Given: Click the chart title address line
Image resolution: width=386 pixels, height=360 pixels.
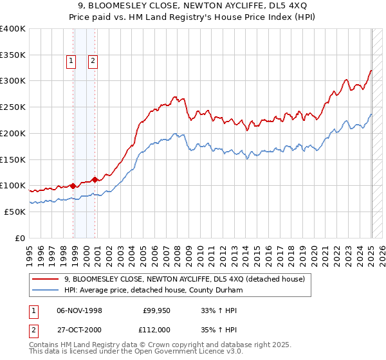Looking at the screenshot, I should coord(192,6).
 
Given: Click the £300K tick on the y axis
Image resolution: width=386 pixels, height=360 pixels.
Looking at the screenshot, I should coord(13,81).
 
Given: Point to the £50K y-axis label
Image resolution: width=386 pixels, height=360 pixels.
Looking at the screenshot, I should coord(15,212).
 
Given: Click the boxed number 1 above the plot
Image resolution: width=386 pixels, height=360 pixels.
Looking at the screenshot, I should coord(71,62).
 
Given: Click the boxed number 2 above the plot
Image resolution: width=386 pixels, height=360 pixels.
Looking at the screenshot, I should coord(93,62).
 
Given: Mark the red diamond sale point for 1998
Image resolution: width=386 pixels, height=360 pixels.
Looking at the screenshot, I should coord(73,186).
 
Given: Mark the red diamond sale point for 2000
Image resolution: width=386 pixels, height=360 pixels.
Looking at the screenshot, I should coord(95,179).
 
